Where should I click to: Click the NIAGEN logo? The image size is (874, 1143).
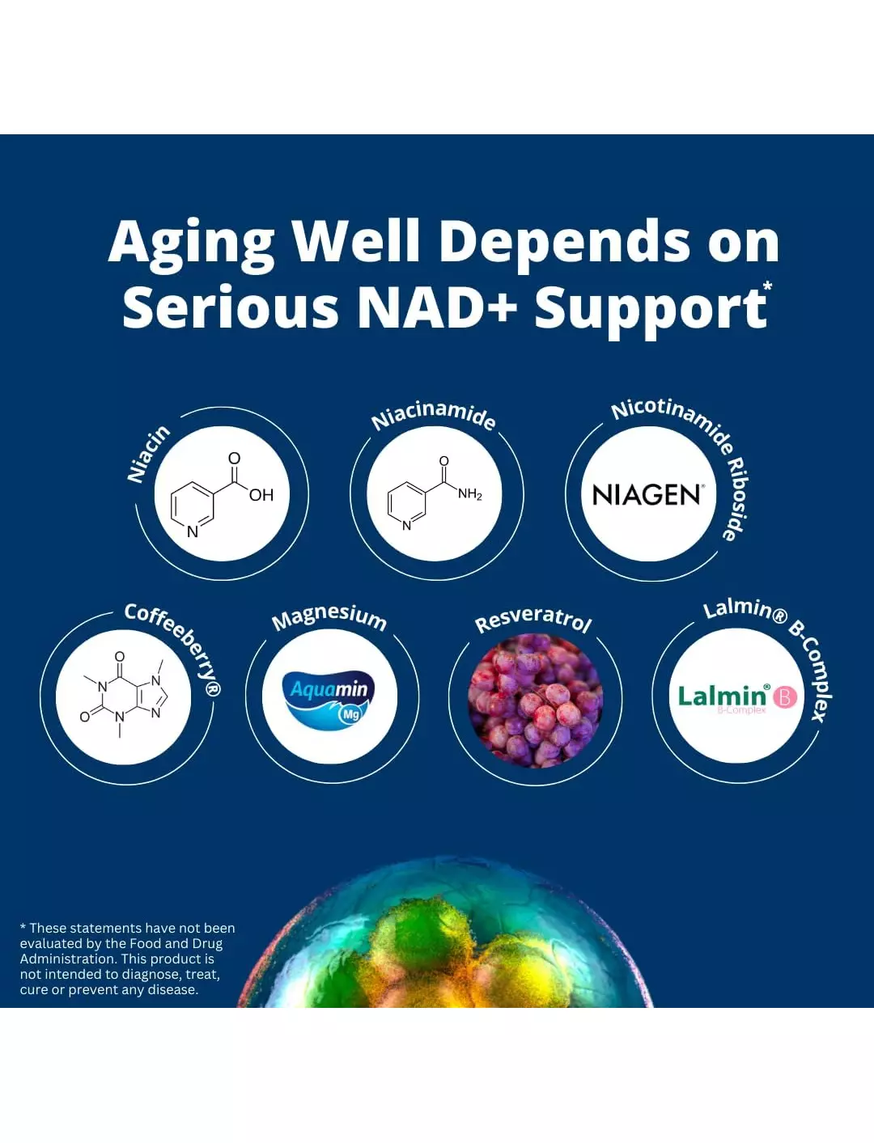click(648, 494)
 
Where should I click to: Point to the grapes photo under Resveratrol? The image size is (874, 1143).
click(536, 701)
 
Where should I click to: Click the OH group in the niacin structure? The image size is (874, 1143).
click(261, 495)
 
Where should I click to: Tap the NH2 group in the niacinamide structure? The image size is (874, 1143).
click(470, 493)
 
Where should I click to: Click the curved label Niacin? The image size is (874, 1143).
click(149, 454)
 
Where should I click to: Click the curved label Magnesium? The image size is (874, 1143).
click(329, 617)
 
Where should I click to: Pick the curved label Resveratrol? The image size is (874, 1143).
click(533, 620)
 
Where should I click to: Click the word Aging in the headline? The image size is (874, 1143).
click(191, 243)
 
